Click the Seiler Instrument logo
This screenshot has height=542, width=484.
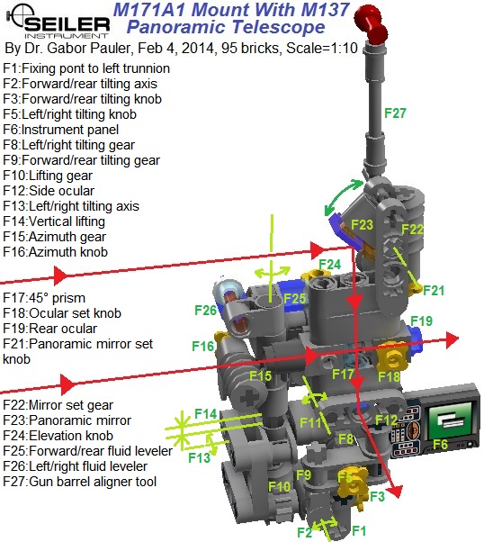[58, 22]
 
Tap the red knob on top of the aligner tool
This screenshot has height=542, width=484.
[371, 23]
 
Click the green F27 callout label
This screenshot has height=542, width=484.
[395, 113]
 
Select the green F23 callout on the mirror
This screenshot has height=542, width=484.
[362, 225]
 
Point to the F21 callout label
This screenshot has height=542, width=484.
[434, 290]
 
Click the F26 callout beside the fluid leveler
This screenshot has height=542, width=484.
[205, 310]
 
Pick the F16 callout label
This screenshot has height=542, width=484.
[203, 346]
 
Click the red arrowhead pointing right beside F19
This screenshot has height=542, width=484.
[452, 340]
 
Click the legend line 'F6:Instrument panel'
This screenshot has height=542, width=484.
[61, 130]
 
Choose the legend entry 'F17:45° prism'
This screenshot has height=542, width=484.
[44, 298]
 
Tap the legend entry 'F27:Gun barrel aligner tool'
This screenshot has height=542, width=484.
[80, 482]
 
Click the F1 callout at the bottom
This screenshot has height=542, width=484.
[359, 530]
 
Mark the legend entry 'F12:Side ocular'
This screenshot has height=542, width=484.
[49, 191]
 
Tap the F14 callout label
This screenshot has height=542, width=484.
[206, 413]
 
